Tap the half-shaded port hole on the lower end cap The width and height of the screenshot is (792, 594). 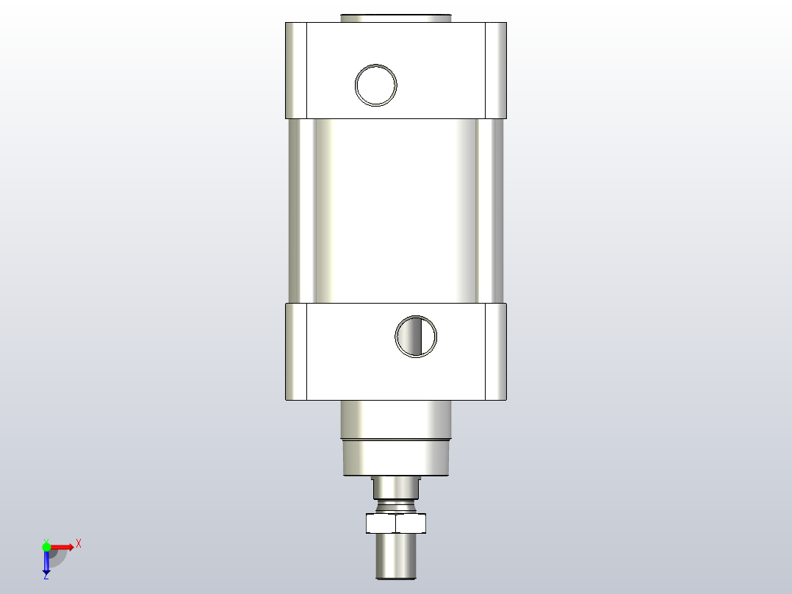click(416, 337)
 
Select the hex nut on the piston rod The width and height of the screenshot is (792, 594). click(396, 523)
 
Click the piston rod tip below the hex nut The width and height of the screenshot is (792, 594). click(396, 557)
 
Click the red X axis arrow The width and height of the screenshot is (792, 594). click(62, 546)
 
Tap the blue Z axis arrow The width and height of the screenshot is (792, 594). click(46, 562)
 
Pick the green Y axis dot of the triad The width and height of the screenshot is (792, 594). click(46, 546)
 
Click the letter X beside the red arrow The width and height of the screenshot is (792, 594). click(78, 544)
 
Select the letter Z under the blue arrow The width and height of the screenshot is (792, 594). click(46, 577)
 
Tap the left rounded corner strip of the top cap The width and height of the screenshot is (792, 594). click(296, 70)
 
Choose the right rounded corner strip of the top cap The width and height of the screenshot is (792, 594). click(496, 70)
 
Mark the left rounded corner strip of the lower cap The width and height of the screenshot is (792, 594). click(296, 351)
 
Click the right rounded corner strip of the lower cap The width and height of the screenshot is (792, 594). click(496, 351)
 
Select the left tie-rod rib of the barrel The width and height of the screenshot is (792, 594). click(301, 210)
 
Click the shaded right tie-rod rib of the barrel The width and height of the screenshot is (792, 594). click(491, 210)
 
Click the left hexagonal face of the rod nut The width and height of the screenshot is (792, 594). click(381, 523)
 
